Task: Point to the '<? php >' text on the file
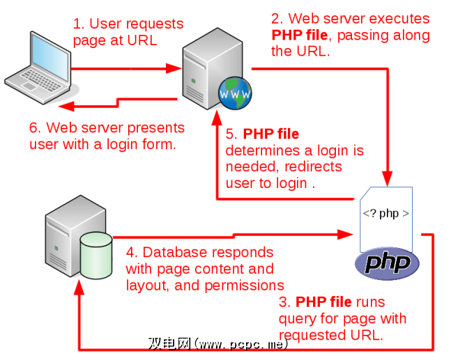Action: [385, 213]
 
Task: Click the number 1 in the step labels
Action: [77, 25]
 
